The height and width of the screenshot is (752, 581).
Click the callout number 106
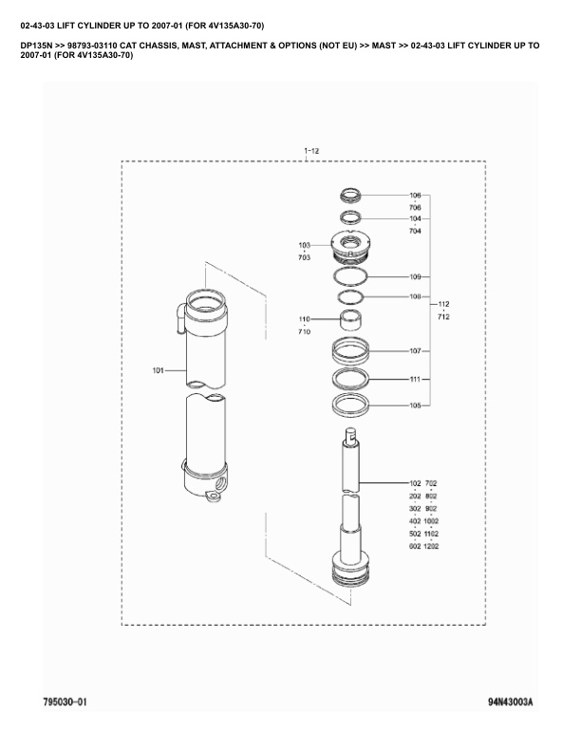pos(415,196)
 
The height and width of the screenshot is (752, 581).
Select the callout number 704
pos(415,231)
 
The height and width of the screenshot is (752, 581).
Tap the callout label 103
pos(304,245)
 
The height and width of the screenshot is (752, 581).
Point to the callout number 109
pos(415,277)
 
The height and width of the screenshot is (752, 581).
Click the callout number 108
pos(415,297)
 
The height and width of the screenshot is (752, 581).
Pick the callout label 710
pos(304,331)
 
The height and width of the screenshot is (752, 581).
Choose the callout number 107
pos(415,351)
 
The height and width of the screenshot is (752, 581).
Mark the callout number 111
pos(415,379)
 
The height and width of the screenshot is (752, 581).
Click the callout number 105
pos(415,405)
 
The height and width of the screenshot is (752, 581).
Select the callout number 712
pos(443,316)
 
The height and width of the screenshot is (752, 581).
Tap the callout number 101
pos(159,369)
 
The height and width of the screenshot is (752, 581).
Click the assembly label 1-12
pos(311,151)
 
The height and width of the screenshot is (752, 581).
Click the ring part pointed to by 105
pos(350,405)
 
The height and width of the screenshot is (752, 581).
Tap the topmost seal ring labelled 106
pos(351,196)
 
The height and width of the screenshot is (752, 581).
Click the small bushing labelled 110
pos(350,318)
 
